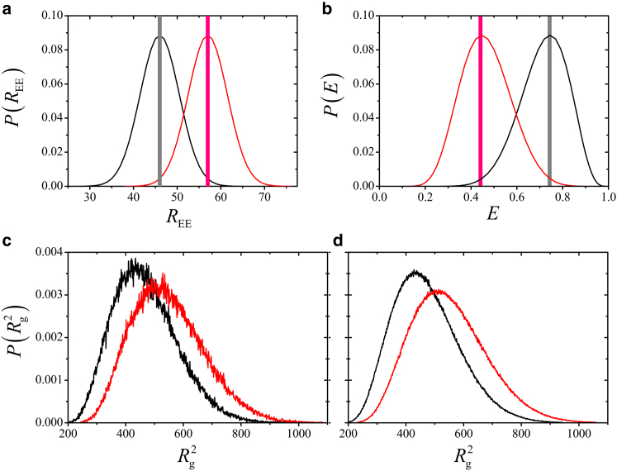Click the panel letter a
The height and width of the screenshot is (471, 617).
pos(7,7)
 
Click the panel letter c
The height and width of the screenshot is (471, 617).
pos(7,241)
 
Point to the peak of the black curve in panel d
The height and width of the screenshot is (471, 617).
pos(416,271)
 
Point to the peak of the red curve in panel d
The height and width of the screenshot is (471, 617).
pos(439,290)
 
